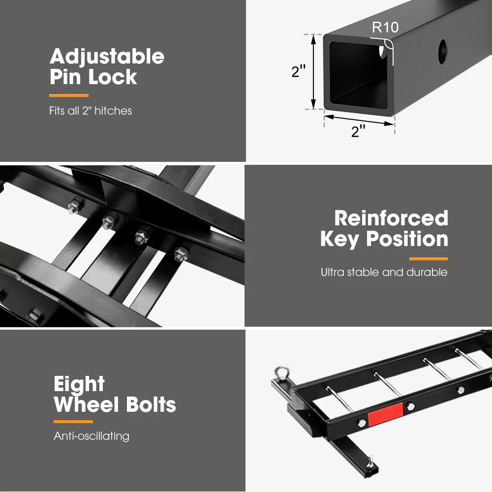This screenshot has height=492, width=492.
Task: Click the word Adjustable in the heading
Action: pyautogui.click(x=107, y=57)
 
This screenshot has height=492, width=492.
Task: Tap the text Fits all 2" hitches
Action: pyautogui.click(x=91, y=111)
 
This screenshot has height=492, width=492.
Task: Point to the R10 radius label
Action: pyautogui.click(x=385, y=28)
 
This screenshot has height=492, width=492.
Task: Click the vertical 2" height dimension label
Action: pyautogui.click(x=299, y=72)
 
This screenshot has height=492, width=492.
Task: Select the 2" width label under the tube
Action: pyautogui.click(x=358, y=131)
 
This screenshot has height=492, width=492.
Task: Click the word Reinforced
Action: pyautogui.click(x=391, y=218)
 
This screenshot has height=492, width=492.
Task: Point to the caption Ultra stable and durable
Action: pyautogui.click(x=384, y=272)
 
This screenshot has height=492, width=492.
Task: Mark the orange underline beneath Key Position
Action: pyautogui.click(x=428, y=258)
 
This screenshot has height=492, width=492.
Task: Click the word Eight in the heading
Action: pyautogui.click(x=79, y=384)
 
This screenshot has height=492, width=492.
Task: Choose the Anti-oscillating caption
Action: pyautogui.click(x=92, y=436)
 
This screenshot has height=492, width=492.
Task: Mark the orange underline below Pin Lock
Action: pyautogui.click(x=68, y=95)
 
